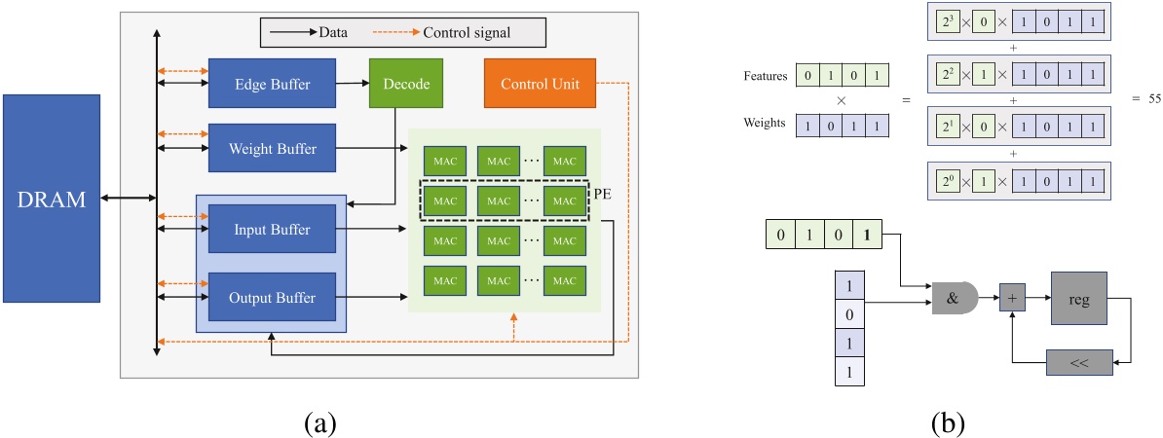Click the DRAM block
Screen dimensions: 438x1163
click(52, 199)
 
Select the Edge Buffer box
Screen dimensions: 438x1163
click(272, 85)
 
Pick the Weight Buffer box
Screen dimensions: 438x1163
click(272, 149)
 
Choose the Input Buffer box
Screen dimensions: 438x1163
click(272, 230)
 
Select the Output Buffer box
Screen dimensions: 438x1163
click(272, 297)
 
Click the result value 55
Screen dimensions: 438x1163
click(1147, 100)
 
